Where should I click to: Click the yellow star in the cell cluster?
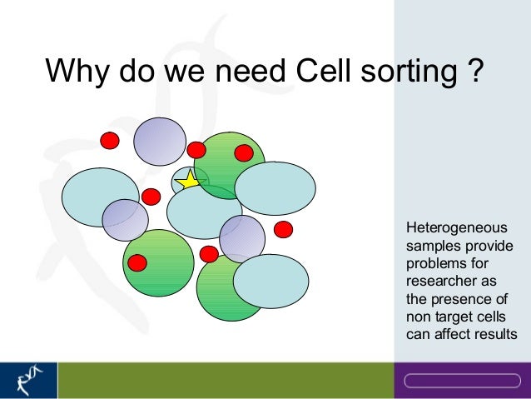(x=190, y=179)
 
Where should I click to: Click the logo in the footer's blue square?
(x=28, y=379)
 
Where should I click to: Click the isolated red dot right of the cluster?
(x=284, y=228)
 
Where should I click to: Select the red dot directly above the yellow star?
(x=196, y=150)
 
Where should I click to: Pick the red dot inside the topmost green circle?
(x=243, y=153)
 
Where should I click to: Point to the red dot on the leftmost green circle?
(x=137, y=263)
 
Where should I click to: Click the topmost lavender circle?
(x=160, y=142)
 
